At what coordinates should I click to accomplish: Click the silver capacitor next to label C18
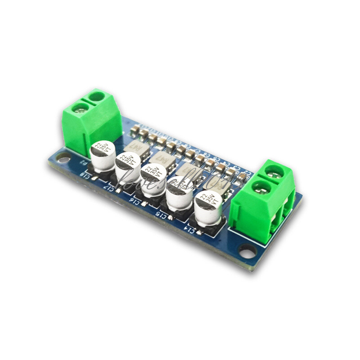click(x=103, y=155)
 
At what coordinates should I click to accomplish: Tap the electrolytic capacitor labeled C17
click(x=128, y=167)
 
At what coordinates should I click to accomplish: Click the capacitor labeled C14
click(x=208, y=207)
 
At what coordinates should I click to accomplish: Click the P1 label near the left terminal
click(x=83, y=162)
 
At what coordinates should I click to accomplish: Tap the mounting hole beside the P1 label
click(x=63, y=159)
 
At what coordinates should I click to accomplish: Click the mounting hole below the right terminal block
click(x=247, y=250)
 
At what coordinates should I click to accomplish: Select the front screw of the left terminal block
click(x=80, y=108)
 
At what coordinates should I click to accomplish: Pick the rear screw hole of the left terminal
click(x=96, y=96)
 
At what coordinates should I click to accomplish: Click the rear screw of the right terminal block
click(x=273, y=171)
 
